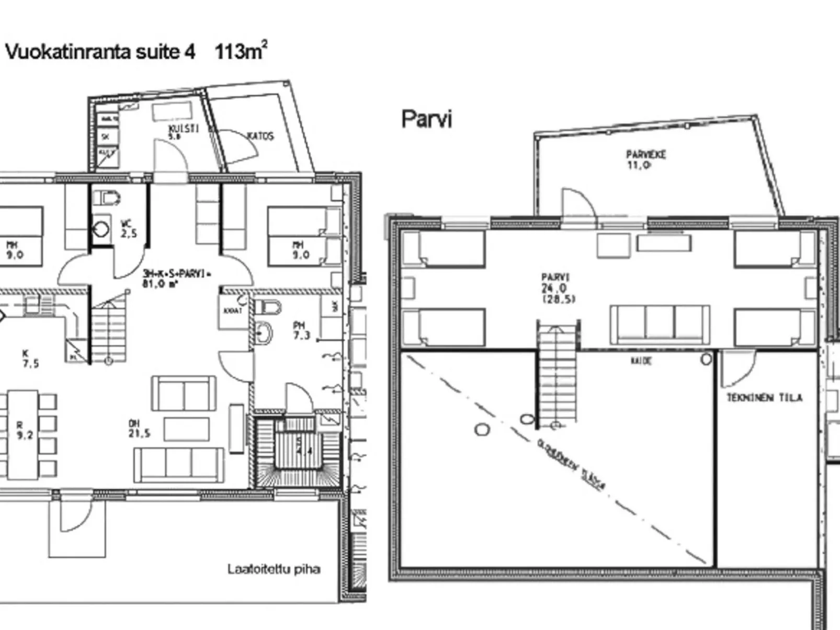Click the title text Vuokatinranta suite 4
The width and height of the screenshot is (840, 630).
[x=100, y=52]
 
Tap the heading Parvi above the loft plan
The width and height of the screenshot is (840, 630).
[x=426, y=119]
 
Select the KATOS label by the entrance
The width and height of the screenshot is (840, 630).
[x=260, y=136]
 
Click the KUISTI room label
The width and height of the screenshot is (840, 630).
[x=184, y=131]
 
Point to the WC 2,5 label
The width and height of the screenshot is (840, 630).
[x=128, y=229]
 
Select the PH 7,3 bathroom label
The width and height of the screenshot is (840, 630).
[x=301, y=330]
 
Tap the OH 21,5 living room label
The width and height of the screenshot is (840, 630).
[x=139, y=428]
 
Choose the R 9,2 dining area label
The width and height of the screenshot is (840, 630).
[x=24, y=430]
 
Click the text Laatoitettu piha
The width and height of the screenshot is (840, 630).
[x=274, y=569]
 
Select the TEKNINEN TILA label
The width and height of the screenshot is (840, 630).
[x=764, y=398]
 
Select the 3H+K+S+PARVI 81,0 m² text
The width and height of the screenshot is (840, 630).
[x=176, y=278]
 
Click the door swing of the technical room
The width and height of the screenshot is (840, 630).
[x=737, y=369]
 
